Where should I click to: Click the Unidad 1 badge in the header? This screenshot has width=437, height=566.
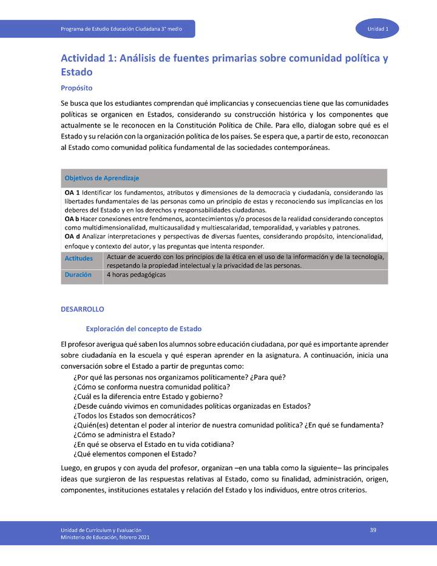point(377,29)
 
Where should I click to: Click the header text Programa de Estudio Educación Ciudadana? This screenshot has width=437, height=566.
point(121,29)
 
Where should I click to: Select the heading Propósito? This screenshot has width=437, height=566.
point(76,88)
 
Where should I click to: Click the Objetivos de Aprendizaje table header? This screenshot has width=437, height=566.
point(102,178)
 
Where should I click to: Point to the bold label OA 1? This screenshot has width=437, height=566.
point(72,192)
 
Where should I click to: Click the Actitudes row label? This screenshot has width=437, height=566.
point(79,259)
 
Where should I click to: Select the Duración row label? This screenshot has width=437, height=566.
point(78,274)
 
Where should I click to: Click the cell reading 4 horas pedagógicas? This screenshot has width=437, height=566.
point(136,274)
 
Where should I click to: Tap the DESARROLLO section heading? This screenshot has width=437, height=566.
point(83,309)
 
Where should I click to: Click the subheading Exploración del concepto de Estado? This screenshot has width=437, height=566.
point(140,329)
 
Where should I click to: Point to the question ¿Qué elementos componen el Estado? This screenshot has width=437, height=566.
point(135,454)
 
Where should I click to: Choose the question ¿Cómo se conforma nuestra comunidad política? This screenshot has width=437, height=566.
point(151,387)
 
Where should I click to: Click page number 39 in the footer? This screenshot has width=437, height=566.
point(373,530)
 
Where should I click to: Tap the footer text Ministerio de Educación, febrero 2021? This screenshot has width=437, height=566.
point(104,537)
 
